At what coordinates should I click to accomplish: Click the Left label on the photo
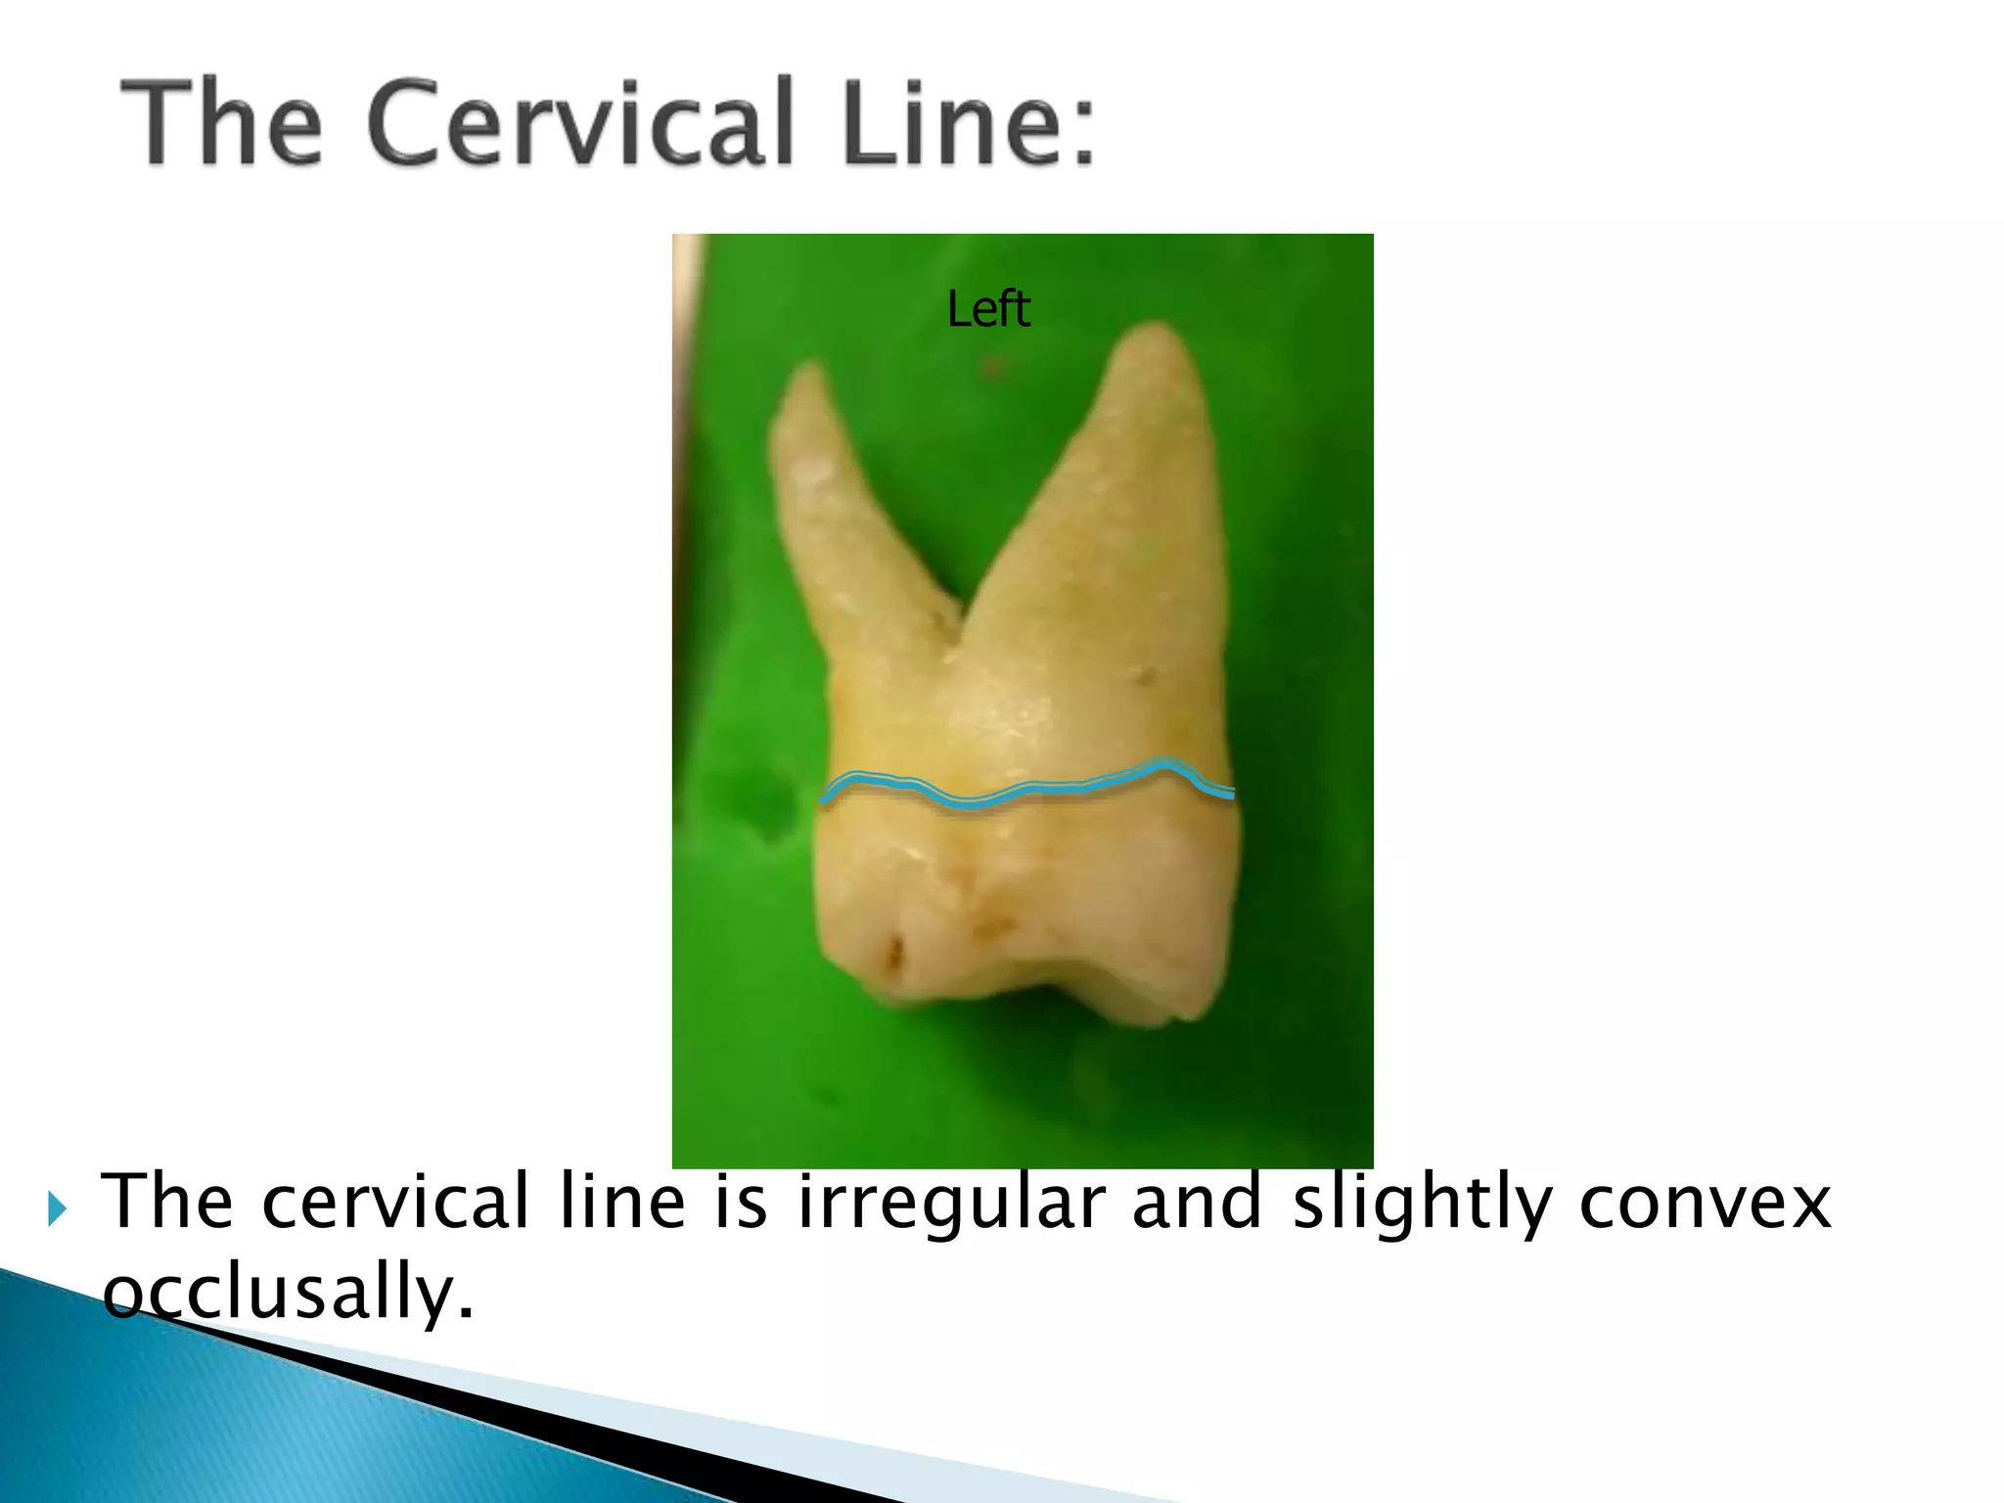(x=988, y=309)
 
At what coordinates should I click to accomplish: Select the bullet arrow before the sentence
(x=57, y=1209)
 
